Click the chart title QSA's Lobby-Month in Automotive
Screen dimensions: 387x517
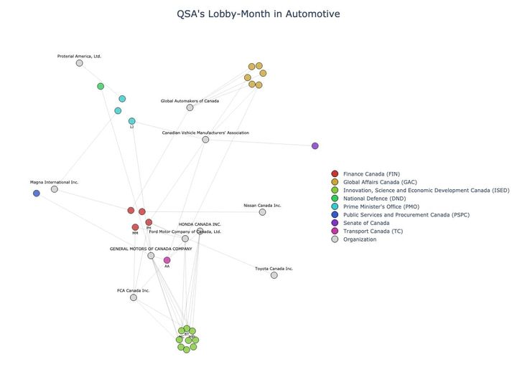[x=258, y=14]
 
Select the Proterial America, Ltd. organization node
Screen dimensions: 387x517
[x=79, y=63]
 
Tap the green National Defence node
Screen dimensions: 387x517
[x=101, y=86]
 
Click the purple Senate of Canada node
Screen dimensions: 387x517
[x=315, y=146]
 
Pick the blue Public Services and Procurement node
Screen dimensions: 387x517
[x=37, y=193]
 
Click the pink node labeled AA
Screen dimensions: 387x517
[x=167, y=260]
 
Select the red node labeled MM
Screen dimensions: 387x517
[x=135, y=227]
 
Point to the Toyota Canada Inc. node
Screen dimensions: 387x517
[x=274, y=275]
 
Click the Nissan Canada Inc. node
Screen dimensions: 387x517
[x=262, y=212]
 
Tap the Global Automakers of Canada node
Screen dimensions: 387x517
[x=190, y=107]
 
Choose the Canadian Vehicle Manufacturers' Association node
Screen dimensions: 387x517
[x=205, y=139]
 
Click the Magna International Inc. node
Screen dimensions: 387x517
[x=55, y=189]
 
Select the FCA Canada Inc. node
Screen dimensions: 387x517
[x=134, y=297]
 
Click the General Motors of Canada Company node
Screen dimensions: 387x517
[x=151, y=256]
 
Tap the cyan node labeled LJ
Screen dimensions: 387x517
[x=131, y=121]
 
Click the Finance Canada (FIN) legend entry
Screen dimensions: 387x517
[x=371, y=174]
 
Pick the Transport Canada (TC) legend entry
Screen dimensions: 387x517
[x=373, y=231]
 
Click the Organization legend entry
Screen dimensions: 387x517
[x=359, y=239]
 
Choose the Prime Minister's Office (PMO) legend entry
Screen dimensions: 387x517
[x=381, y=206]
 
